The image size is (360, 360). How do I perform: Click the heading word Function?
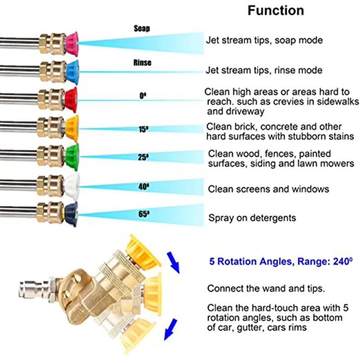coord(275,11)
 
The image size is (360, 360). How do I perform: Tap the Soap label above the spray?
coord(142,28)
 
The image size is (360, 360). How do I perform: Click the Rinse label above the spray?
coord(142,63)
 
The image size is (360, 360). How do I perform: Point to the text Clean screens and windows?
coord(268,189)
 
